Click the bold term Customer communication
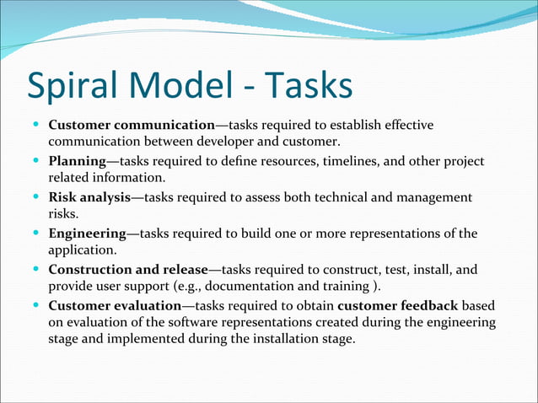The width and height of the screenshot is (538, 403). pyautogui.click(x=132, y=126)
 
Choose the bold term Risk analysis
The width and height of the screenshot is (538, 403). pyautogui.click(x=89, y=197)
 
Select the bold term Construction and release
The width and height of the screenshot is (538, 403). pyautogui.click(x=127, y=270)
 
